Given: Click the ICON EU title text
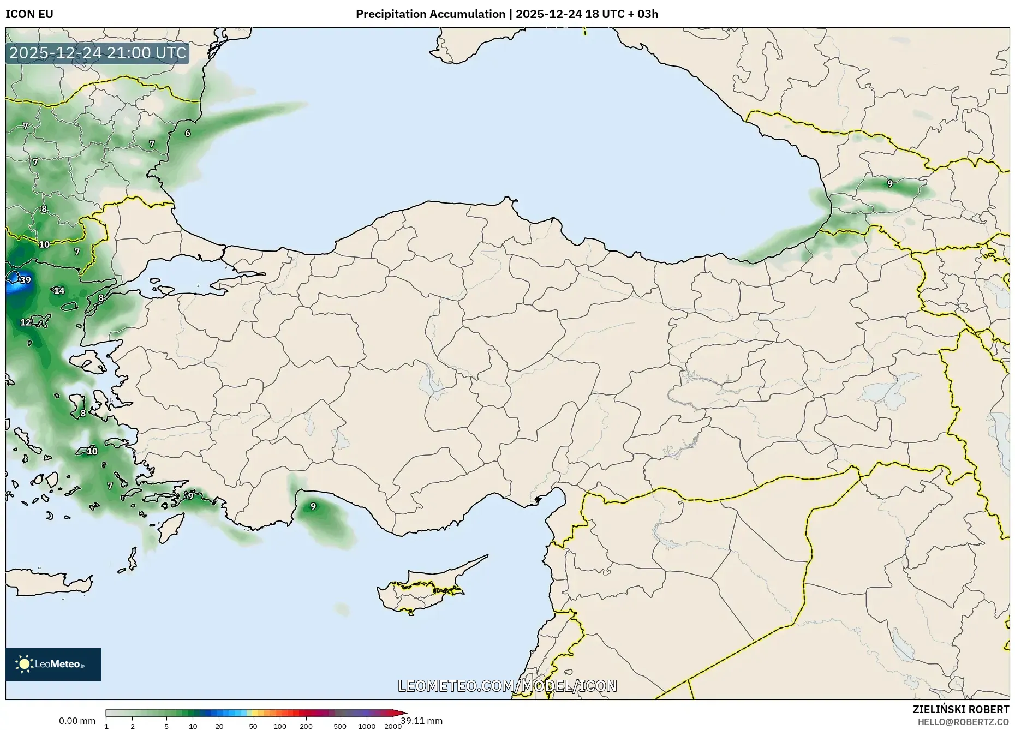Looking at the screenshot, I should [x=29, y=14].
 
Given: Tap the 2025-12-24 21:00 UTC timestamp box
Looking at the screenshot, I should [x=98, y=53].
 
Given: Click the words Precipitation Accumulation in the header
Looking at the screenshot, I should [x=431, y=14].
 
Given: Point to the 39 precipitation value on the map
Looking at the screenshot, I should [x=25, y=280].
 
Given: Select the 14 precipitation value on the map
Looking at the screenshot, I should [x=59, y=291].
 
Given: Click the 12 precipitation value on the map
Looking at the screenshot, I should [x=26, y=322].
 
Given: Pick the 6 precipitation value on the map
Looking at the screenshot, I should [x=188, y=133].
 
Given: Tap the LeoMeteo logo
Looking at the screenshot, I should [x=53, y=664].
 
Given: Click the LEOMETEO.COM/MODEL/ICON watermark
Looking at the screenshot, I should [x=507, y=686].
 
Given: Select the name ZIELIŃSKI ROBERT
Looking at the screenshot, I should [x=960, y=709].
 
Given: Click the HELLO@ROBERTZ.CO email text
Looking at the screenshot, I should [x=963, y=722].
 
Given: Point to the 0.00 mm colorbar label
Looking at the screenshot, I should [x=77, y=721].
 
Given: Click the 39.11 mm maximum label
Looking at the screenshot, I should [x=422, y=721].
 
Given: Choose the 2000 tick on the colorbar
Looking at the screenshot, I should [x=393, y=726].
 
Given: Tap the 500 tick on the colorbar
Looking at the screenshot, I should [x=340, y=726].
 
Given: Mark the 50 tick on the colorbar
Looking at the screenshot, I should [x=253, y=726].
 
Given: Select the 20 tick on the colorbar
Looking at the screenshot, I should [x=219, y=726].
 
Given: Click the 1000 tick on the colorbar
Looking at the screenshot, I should [x=367, y=726].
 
